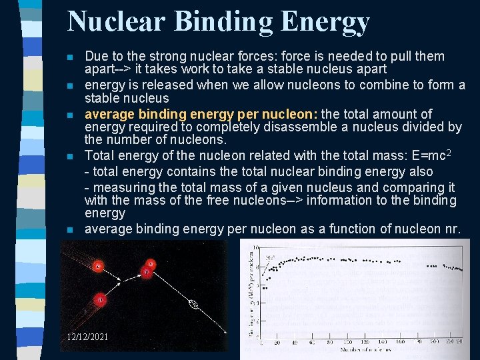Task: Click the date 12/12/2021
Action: pos(87,337)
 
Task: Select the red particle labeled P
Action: pos(145,272)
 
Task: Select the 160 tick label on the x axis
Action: pos(400,342)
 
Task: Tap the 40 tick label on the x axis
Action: pos(294,342)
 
